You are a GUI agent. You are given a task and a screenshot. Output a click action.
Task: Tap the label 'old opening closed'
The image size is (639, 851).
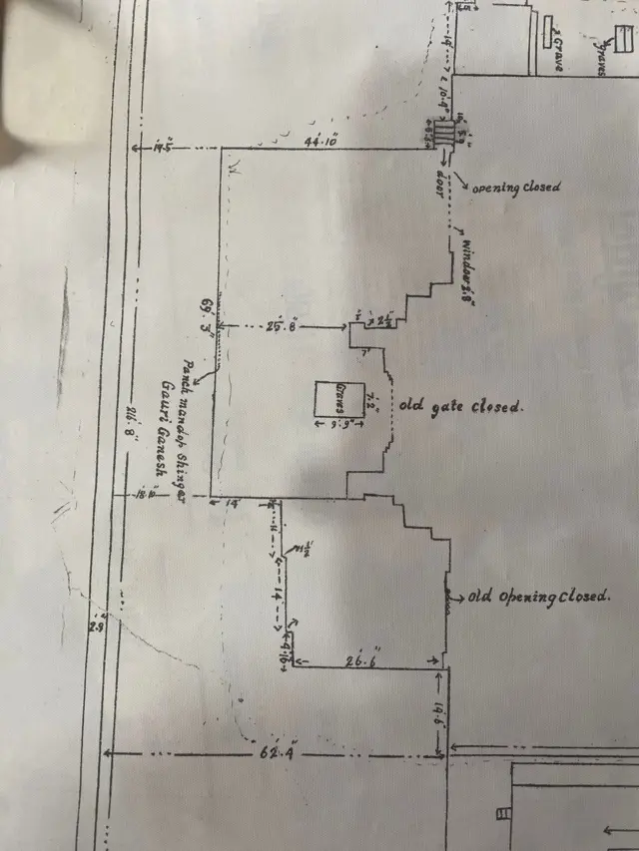(x=538, y=597)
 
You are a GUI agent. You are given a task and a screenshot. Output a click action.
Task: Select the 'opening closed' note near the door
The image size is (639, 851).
(x=515, y=187)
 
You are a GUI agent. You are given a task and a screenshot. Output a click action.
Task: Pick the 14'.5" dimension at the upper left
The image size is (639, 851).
(x=164, y=149)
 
